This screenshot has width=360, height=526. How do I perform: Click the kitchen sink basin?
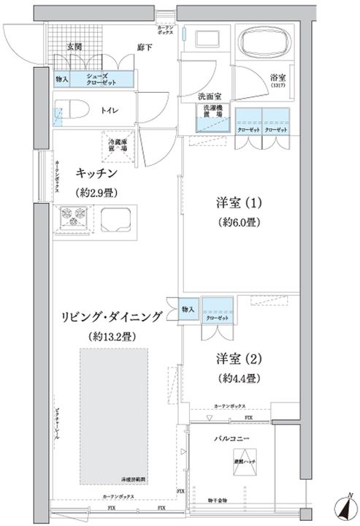pyautogui.click(x=118, y=217)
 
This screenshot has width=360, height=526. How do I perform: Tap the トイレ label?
pyautogui.click(x=110, y=110)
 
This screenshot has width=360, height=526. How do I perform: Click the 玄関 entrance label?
pyautogui.click(x=74, y=46)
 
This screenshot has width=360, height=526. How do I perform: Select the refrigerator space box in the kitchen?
pyautogui.click(x=118, y=143)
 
